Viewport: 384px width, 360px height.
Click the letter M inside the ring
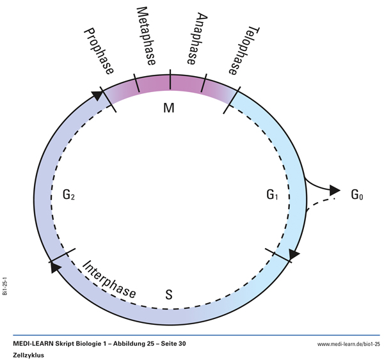coord(169,107)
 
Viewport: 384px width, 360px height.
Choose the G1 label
coord(272,193)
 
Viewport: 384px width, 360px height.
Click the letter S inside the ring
coord(169,294)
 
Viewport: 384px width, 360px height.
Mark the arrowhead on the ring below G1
coord(292,254)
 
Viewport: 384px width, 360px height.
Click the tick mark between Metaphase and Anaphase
coord(170,80)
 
